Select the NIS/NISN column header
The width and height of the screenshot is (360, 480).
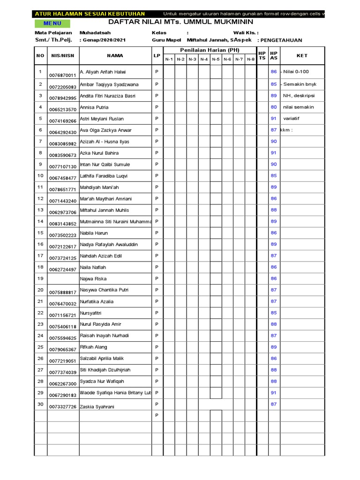pos(62,55)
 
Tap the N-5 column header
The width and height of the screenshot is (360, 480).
pos(216,60)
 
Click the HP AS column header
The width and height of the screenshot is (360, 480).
pos(274,55)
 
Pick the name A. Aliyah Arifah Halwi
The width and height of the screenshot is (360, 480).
pos(103,72)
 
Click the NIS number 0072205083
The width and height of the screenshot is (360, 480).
pos(62,87)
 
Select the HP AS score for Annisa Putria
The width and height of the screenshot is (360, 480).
pos(274,107)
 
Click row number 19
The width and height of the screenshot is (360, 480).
pos(40,278)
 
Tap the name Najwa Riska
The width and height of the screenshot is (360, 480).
pos(93,279)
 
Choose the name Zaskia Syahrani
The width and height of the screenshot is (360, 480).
pos(97,406)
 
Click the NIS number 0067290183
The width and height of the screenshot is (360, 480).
pos(62,396)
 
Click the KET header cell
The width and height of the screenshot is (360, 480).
pos(302,55)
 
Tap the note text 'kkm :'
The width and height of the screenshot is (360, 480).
pos(286,130)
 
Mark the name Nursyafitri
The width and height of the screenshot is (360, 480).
pos(91,313)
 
